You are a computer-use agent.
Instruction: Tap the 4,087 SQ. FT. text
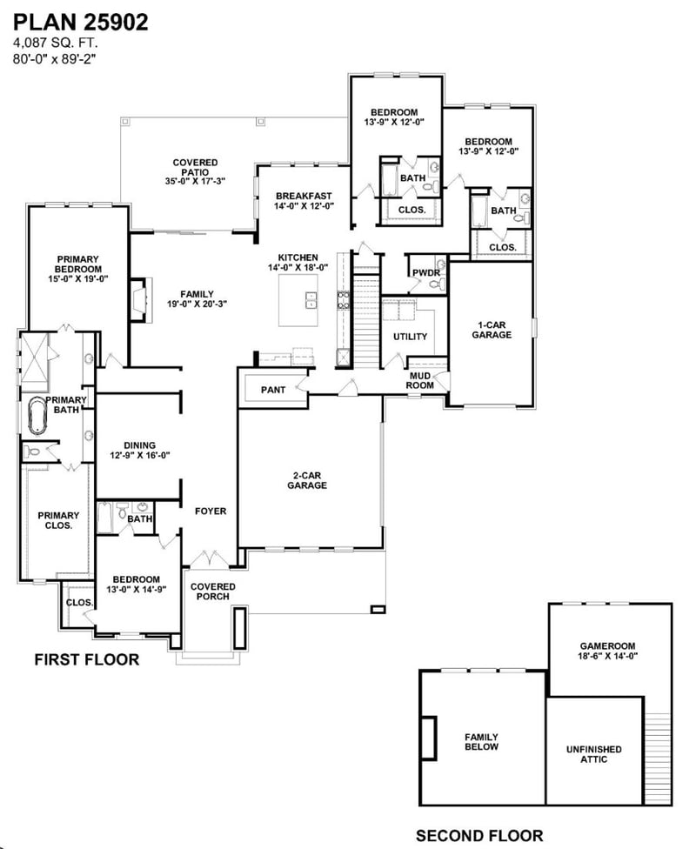tap(55, 43)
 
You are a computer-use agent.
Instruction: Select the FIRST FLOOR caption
tap(86, 660)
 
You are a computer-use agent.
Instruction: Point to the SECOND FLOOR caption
tap(479, 836)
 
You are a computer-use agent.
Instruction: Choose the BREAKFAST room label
tap(304, 201)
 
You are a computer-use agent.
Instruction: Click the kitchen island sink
tap(311, 300)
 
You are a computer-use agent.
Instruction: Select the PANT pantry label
tap(272, 391)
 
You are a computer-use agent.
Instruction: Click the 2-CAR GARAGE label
tap(309, 480)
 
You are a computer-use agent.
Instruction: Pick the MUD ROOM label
tap(422, 379)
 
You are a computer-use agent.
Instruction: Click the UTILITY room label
tap(410, 337)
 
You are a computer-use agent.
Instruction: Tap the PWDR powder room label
tap(425, 273)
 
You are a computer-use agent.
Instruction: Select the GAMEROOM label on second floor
tap(609, 652)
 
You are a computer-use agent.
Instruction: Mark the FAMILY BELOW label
tap(481, 741)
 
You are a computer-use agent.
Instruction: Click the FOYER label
tap(210, 511)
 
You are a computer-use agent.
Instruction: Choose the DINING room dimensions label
tap(137, 454)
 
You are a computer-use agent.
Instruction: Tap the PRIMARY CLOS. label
tap(57, 520)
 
